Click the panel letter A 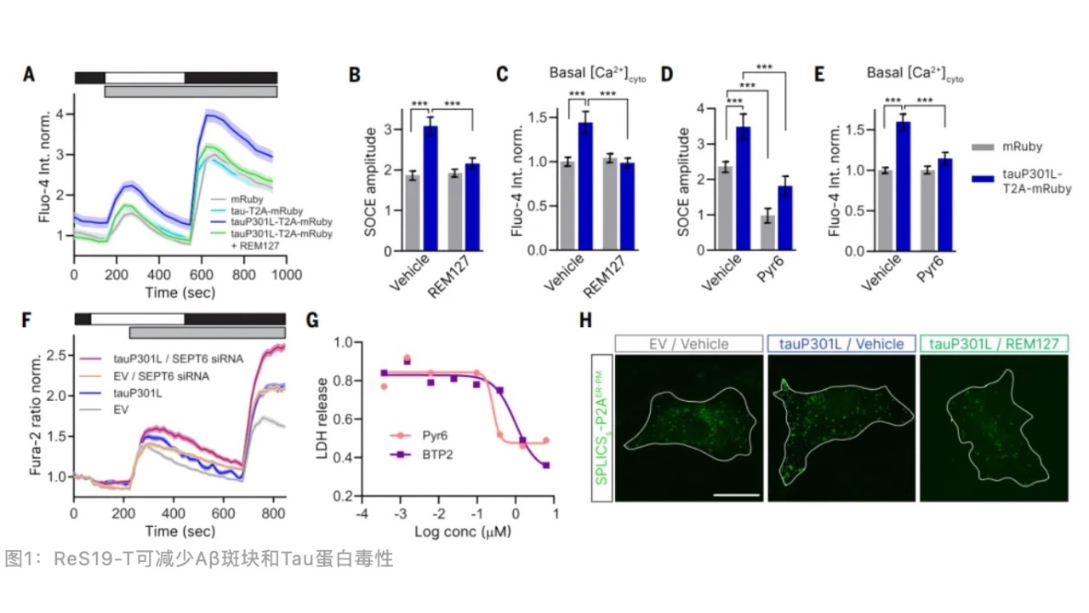pos(29,74)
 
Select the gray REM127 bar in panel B pos(454,212)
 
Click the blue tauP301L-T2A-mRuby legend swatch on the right pos(984,180)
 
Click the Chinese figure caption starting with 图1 pos(199,559)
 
